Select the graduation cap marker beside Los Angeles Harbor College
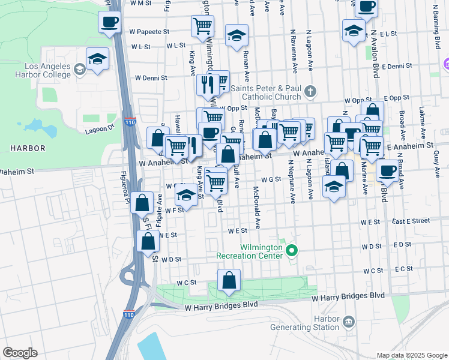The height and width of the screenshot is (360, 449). click(x=97, y=59)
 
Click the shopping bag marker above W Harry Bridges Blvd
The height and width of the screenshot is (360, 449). click(x=229, y=281)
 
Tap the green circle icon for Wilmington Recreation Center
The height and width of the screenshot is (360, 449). click(x=292, y=250)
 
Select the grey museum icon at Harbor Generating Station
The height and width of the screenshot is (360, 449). click(x=348, y=323)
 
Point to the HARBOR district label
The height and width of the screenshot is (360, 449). click(x=28, y=148)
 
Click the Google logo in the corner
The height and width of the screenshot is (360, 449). click(x=20, y=352)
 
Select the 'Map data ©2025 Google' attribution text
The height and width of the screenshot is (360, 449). click(x=411, y=355)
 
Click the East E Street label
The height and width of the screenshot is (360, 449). click(x=411, y=221)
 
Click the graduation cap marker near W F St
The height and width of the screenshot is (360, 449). click(x=186, y=196)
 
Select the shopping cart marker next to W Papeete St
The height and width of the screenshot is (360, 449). click(x=202, y=26)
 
